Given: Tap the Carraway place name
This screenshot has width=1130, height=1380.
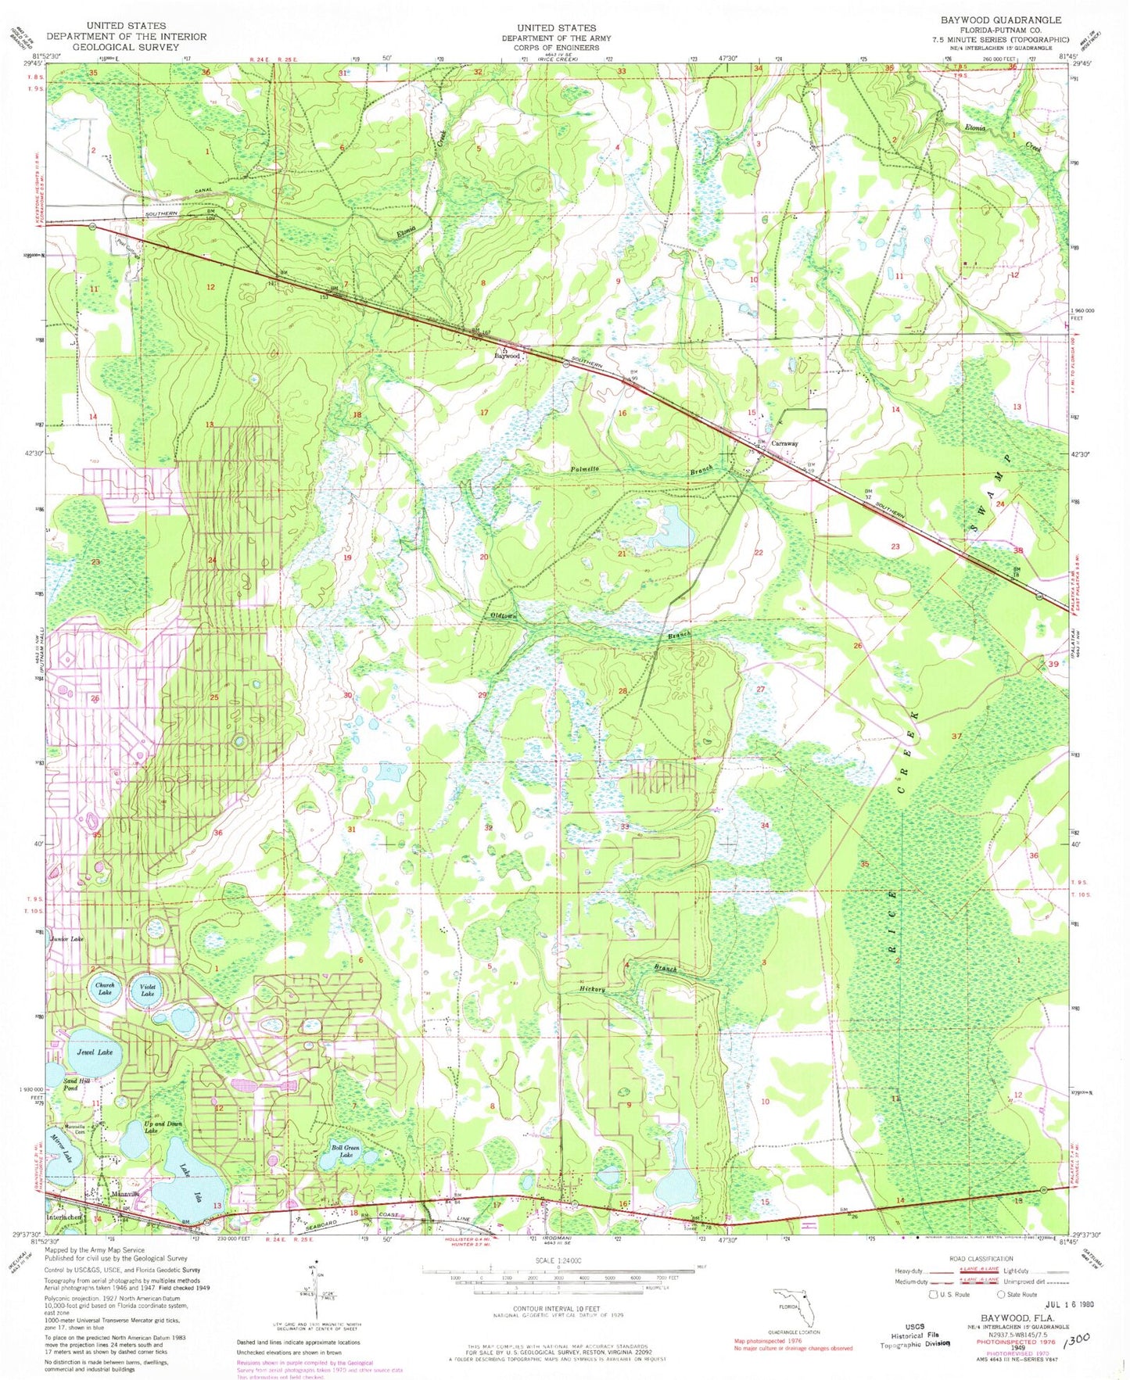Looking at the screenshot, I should [x=784, y=443].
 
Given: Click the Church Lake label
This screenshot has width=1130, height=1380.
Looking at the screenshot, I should [x=104, y=988].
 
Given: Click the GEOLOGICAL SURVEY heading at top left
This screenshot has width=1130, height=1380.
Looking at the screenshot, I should [x=126, y=46].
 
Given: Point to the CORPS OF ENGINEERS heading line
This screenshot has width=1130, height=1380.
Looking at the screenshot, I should [x=556, y=48].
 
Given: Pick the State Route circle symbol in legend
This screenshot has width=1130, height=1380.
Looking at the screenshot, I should [x=1003, y=1295].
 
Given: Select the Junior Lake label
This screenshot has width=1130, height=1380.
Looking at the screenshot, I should [x=66, y=938].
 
